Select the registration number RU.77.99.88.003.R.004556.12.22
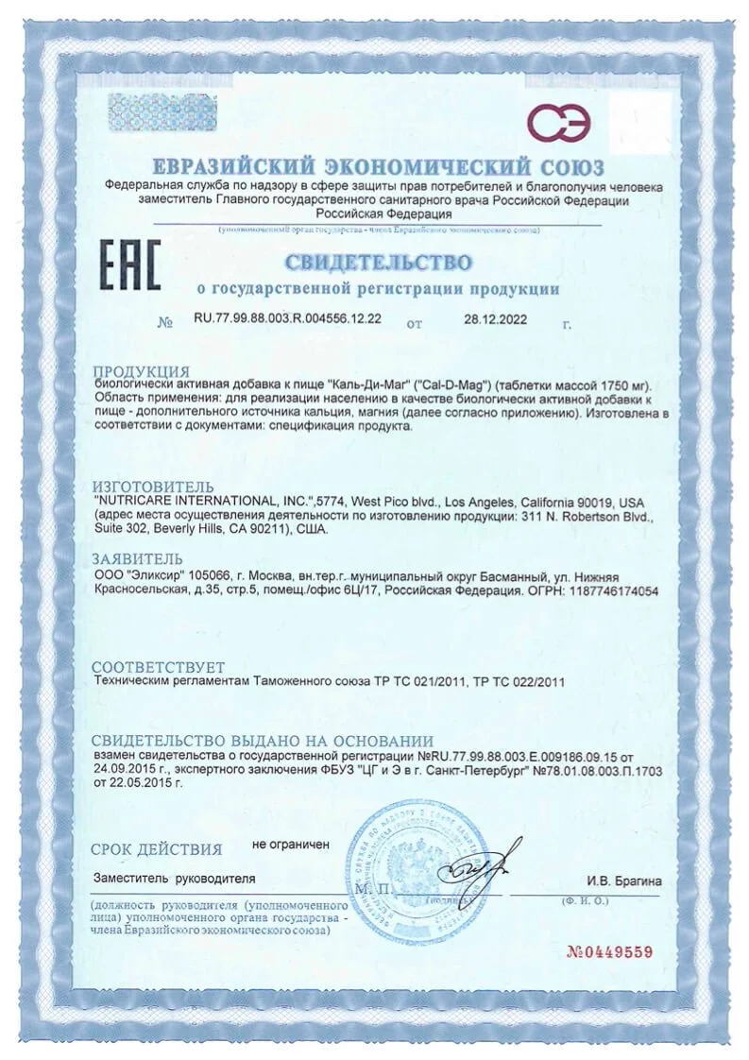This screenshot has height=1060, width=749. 287,319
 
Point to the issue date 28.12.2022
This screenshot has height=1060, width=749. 496,319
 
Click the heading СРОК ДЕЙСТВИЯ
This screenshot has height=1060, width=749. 157,848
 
